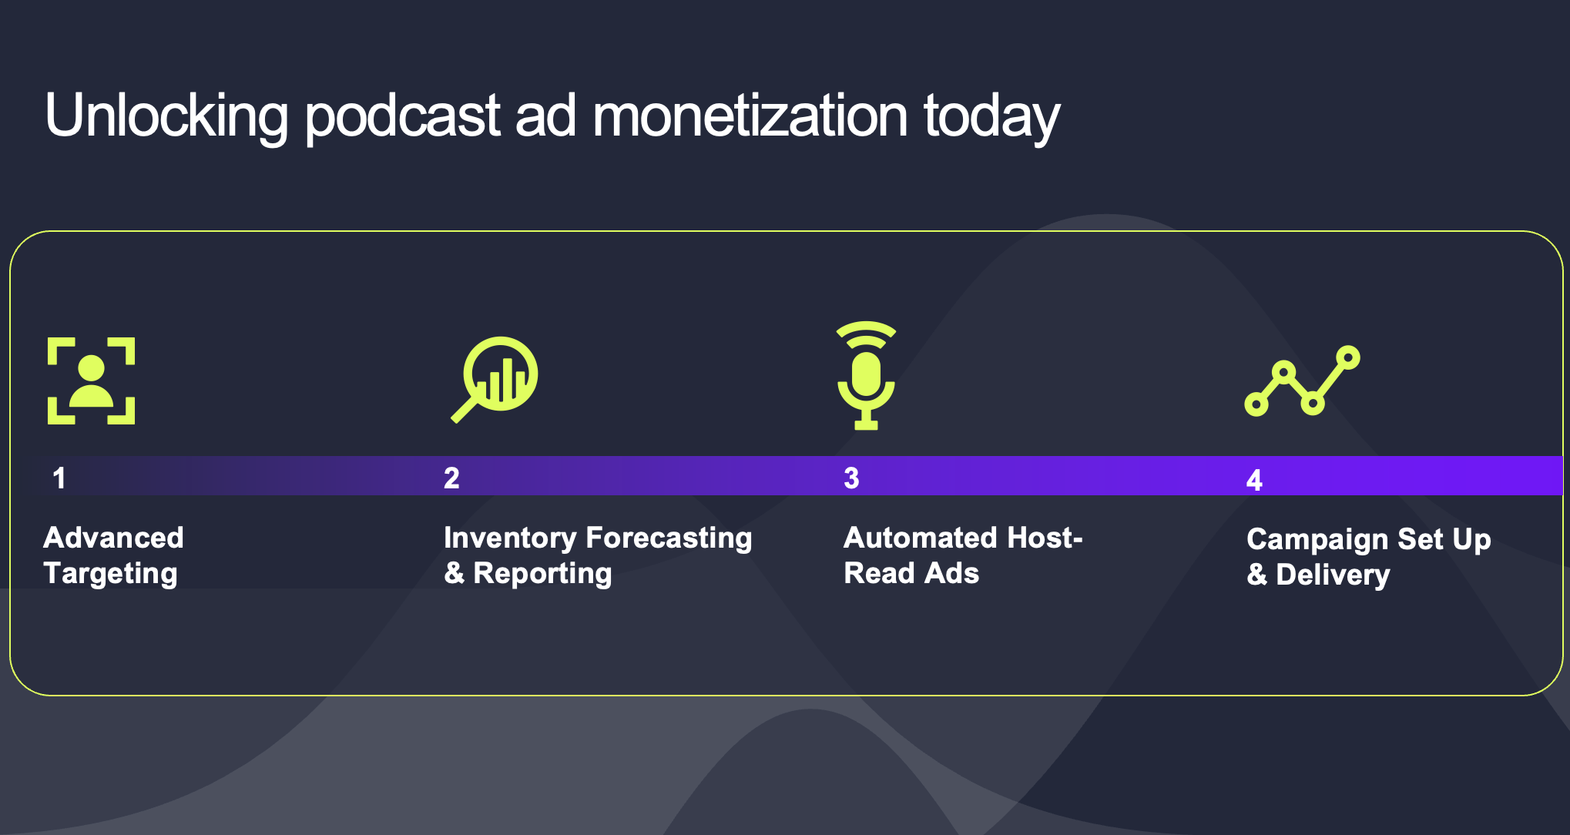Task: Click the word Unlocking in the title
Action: point(166,116)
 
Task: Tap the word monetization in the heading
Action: point(750,116)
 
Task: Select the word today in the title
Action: point(992,118)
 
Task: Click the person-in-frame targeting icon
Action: point(91,381)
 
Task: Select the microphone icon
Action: point(867,375)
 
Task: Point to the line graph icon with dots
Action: point(1302,381)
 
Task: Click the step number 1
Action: point(59,478)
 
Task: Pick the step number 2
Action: point(451,478)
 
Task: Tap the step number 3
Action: point(851,478)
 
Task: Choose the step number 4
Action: point(1254,481)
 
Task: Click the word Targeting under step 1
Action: point(111,574)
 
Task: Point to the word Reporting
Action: point(542,574)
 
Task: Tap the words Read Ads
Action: point(911,573)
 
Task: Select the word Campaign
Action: point(1317,540)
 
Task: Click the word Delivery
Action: point(1333,575)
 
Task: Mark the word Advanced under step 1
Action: point(113,538)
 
